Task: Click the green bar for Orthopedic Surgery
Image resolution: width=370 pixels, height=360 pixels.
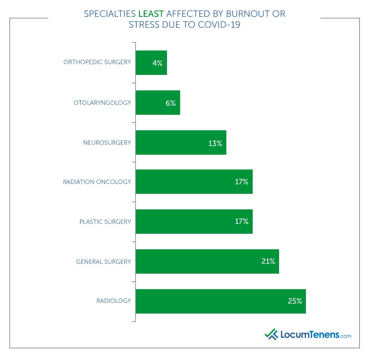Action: point(151,63)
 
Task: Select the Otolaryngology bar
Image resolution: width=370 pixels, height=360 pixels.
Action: point(158,103)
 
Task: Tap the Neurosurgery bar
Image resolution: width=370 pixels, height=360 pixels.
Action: point(181,142)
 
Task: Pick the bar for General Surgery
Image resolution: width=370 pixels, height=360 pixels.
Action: point(207,261)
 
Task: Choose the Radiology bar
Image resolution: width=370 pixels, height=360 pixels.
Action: point(220,301)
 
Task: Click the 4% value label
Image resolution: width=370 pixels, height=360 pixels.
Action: point(157,63)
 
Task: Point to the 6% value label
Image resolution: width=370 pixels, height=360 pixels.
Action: point(171,103)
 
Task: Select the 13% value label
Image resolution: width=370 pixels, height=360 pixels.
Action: point(215,143)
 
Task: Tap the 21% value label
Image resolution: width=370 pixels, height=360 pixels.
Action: point(268,261)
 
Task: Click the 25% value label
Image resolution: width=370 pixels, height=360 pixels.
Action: point(295,301)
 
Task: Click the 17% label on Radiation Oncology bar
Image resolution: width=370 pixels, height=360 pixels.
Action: point(241,182)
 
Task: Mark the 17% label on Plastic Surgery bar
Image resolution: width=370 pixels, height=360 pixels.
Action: point(241,221)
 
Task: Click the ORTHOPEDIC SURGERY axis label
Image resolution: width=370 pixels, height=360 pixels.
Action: point(97,62)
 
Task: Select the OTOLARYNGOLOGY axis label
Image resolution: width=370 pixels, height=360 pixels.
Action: point(102,103)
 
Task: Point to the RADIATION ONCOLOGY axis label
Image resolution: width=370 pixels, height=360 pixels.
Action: point(97,182)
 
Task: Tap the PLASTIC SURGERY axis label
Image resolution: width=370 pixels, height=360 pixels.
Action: point(105,222)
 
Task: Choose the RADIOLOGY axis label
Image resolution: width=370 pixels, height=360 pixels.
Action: point(114,301)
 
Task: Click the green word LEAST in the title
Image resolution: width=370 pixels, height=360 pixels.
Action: point(151,14)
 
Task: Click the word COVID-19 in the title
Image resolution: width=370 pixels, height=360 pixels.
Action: point(219,25)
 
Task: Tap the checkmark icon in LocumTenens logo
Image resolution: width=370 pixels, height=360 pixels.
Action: point(271,334)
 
